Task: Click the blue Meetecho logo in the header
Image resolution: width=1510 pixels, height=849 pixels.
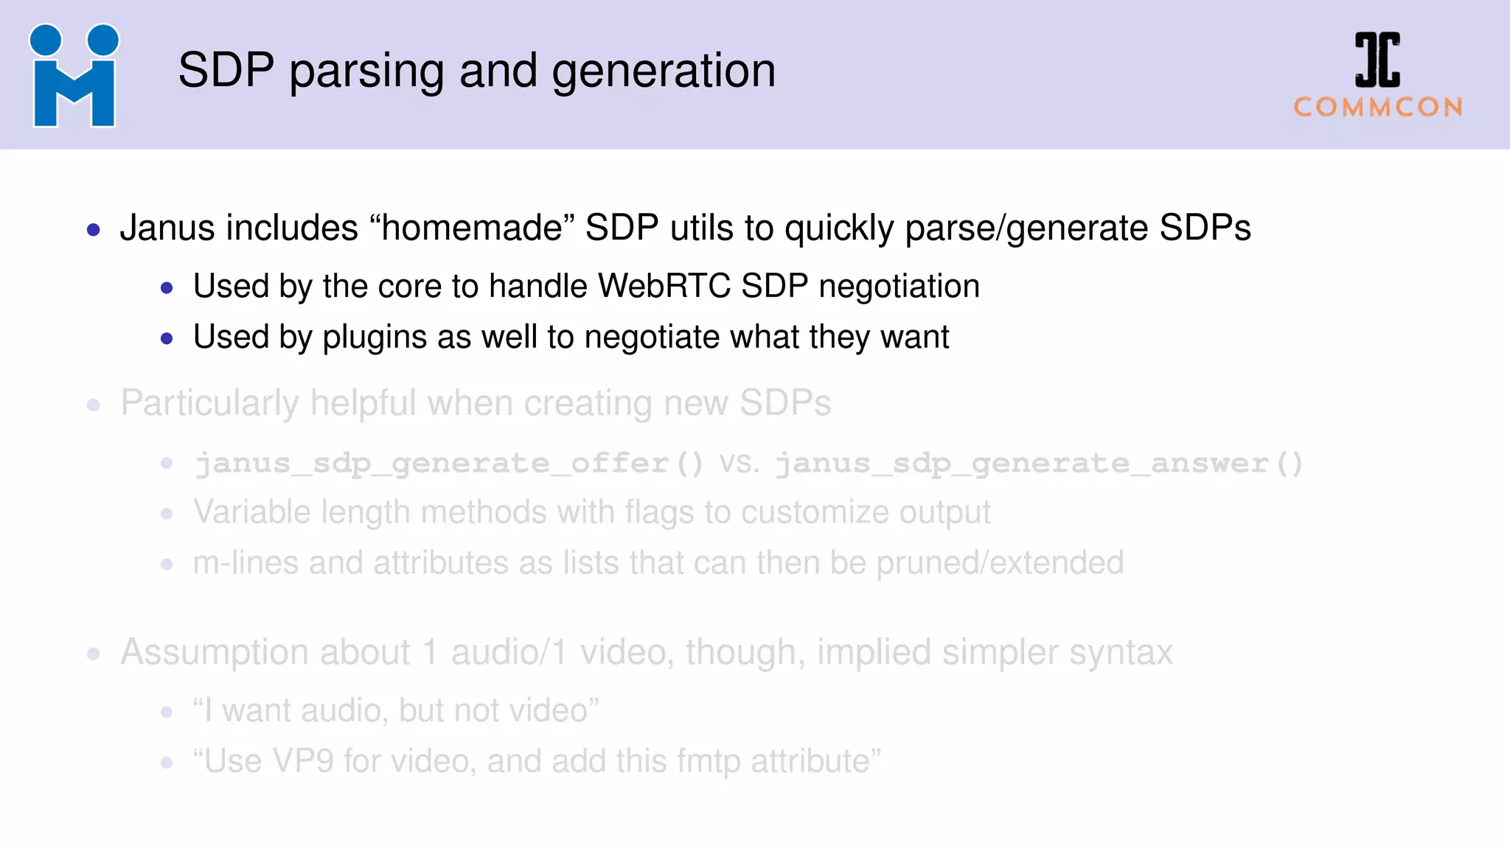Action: tap(74, 75)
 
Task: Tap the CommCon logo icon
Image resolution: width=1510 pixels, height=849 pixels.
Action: tap(1377, 60)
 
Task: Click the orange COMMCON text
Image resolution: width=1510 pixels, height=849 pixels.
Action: tap(1378, 108)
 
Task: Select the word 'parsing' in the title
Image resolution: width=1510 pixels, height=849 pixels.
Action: tap(367, 71)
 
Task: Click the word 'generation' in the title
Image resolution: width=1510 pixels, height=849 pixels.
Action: tap(664, 71)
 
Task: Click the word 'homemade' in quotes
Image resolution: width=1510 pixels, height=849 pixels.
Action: tap(472, 228)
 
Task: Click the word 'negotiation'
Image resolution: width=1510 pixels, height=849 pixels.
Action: tap(899, 286)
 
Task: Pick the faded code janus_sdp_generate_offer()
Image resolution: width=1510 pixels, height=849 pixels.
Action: tap(449, 464)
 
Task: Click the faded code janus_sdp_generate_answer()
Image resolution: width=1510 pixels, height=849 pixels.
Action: tap(1039, 464)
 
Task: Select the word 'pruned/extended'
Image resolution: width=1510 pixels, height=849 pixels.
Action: tap(1000, 563)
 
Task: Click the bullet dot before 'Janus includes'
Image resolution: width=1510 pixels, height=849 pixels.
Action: tap(94, 230)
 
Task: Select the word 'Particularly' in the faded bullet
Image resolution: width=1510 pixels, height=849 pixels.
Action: tap(209, 403)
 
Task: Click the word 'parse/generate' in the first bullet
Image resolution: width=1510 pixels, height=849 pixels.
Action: tap(1026, 228)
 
